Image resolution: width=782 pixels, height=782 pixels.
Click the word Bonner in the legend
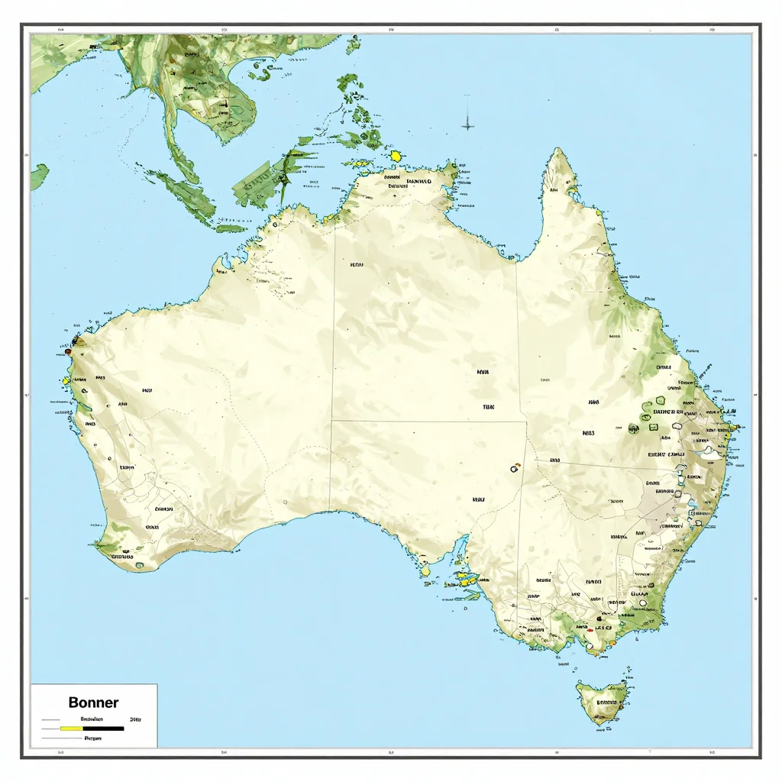click(93, 702)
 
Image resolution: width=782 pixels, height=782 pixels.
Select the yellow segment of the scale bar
click(71, 729)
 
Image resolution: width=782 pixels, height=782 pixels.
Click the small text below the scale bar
click(93, 739)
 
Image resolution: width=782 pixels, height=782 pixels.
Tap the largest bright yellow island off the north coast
click(396, 156)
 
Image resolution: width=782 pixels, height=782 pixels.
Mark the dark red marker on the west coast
click(68, 352)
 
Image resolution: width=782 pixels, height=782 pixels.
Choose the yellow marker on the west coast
click(66, 380)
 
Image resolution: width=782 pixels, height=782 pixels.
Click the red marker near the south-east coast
click(589, 631)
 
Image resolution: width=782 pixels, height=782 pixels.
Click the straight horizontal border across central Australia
click(428, 420)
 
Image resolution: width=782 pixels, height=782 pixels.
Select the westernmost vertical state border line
click(334, 367)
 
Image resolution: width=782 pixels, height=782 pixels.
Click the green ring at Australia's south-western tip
click(140, 566)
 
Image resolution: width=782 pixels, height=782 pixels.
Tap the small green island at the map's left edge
click(38, 176)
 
